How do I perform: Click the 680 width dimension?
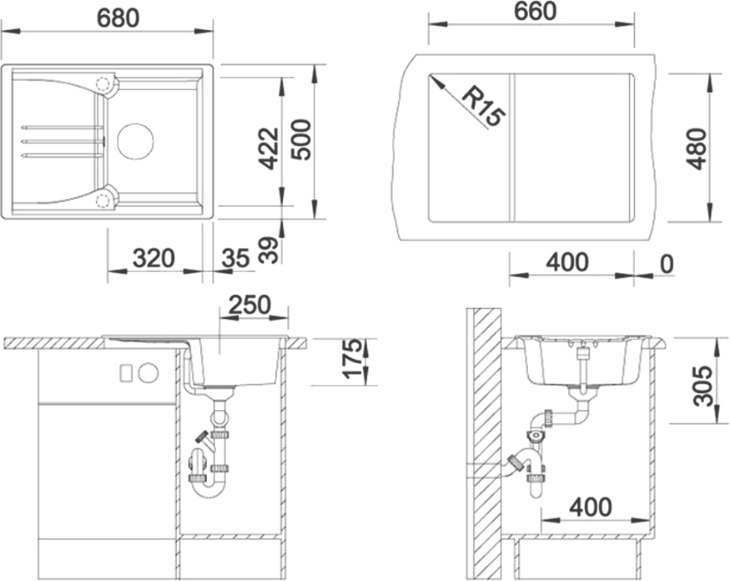118,18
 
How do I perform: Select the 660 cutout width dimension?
535,13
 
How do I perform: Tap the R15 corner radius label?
484,106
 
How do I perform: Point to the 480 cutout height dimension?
696,149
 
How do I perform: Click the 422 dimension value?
269,148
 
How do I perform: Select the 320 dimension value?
154,258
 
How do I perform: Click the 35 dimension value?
235,258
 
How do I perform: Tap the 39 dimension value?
269,250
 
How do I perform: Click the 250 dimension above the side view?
249,305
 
